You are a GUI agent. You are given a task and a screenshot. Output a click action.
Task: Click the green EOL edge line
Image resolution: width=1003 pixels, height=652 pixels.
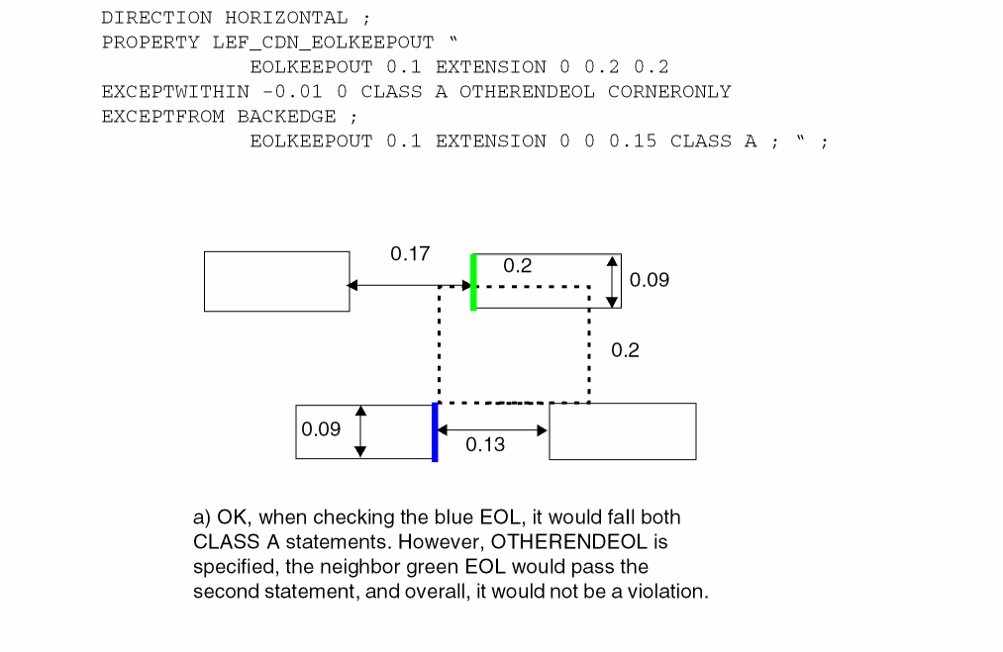click(x=473, y=282)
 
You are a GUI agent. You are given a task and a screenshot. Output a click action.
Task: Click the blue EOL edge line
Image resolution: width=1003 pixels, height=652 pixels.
click(x=435, y=432)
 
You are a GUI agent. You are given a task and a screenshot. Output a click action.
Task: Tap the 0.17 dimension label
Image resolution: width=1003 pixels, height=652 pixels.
click(x=410, y=254)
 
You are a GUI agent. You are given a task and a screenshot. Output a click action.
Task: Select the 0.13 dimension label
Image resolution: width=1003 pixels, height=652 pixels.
click(x=485, y=445)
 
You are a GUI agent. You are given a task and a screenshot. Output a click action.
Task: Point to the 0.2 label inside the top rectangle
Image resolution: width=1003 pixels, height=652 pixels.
click(x=517, y=266)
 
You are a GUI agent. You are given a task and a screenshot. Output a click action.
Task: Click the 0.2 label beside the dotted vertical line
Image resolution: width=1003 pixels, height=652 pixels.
click(x=625, y=350)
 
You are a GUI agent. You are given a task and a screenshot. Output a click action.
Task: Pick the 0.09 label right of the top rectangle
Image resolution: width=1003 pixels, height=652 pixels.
click(x=650, y=280)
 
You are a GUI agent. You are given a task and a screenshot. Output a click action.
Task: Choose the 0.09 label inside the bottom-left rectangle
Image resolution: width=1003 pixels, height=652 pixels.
click(x=321, y=429)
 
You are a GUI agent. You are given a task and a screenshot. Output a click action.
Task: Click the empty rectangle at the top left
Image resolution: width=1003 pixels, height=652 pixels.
click(x=276, y=281)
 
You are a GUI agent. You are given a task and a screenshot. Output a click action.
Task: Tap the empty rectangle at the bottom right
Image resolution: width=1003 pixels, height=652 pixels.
click(x=622, y=431)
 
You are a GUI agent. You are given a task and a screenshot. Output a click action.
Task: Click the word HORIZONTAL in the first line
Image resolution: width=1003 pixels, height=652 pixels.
click(x=286, y=18)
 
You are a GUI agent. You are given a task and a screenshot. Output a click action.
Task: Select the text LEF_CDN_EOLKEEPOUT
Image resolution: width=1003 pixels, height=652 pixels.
click(x=323, y=43)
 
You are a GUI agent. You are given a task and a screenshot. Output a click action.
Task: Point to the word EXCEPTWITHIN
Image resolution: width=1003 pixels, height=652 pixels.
click(x=175, y=92)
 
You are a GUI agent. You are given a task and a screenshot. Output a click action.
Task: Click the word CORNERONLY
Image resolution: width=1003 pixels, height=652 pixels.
click(x=669, y=92)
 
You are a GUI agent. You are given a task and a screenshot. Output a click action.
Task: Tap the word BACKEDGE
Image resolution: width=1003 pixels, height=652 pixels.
click(x=286, y=117)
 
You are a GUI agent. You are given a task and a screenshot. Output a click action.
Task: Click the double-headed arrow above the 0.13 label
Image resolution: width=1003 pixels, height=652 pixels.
click(x=492, y=430)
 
